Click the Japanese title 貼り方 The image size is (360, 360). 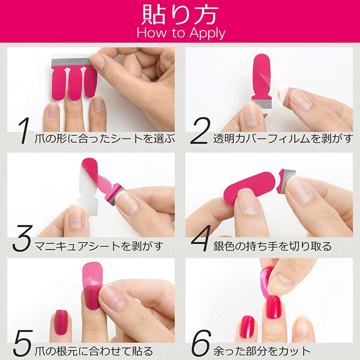[179, 13]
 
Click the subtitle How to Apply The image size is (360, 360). [179, 32]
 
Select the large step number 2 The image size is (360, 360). [199, 134]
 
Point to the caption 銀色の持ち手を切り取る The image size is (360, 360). [273, 245]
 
